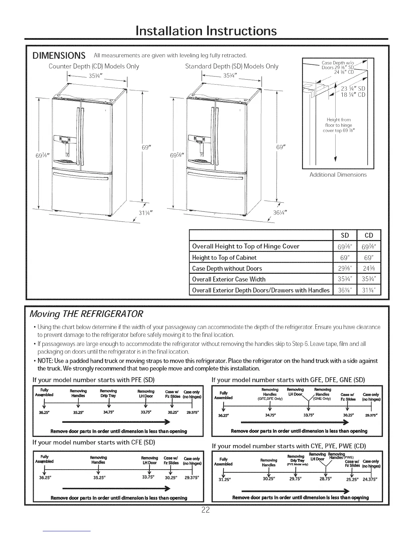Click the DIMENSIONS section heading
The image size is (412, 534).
59,55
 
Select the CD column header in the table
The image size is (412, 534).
369,235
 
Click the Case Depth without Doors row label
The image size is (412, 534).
227,268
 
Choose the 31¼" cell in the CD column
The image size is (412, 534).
369,290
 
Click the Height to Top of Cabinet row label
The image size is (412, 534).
224,258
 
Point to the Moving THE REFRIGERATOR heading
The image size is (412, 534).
87,314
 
